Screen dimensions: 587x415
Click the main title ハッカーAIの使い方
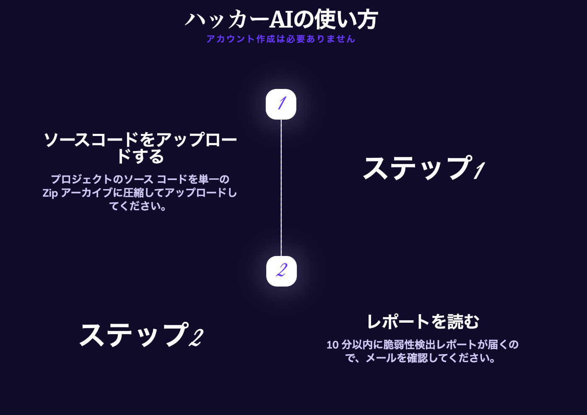tap(281, 20)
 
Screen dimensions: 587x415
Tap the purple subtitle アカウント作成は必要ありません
tap(281, 39)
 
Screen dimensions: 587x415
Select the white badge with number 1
tap(281, 104)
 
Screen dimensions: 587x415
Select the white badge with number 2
tap(281, 271)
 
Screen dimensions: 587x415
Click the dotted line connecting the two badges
tap(281, 187)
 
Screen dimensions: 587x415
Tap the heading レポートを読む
tap(423, 322)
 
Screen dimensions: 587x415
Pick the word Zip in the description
tap(50, 193)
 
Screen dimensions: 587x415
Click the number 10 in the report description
tap(332, 345)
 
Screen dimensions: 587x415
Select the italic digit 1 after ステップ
tap(479, 170)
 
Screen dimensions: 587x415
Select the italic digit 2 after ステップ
tap(196, 337)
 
